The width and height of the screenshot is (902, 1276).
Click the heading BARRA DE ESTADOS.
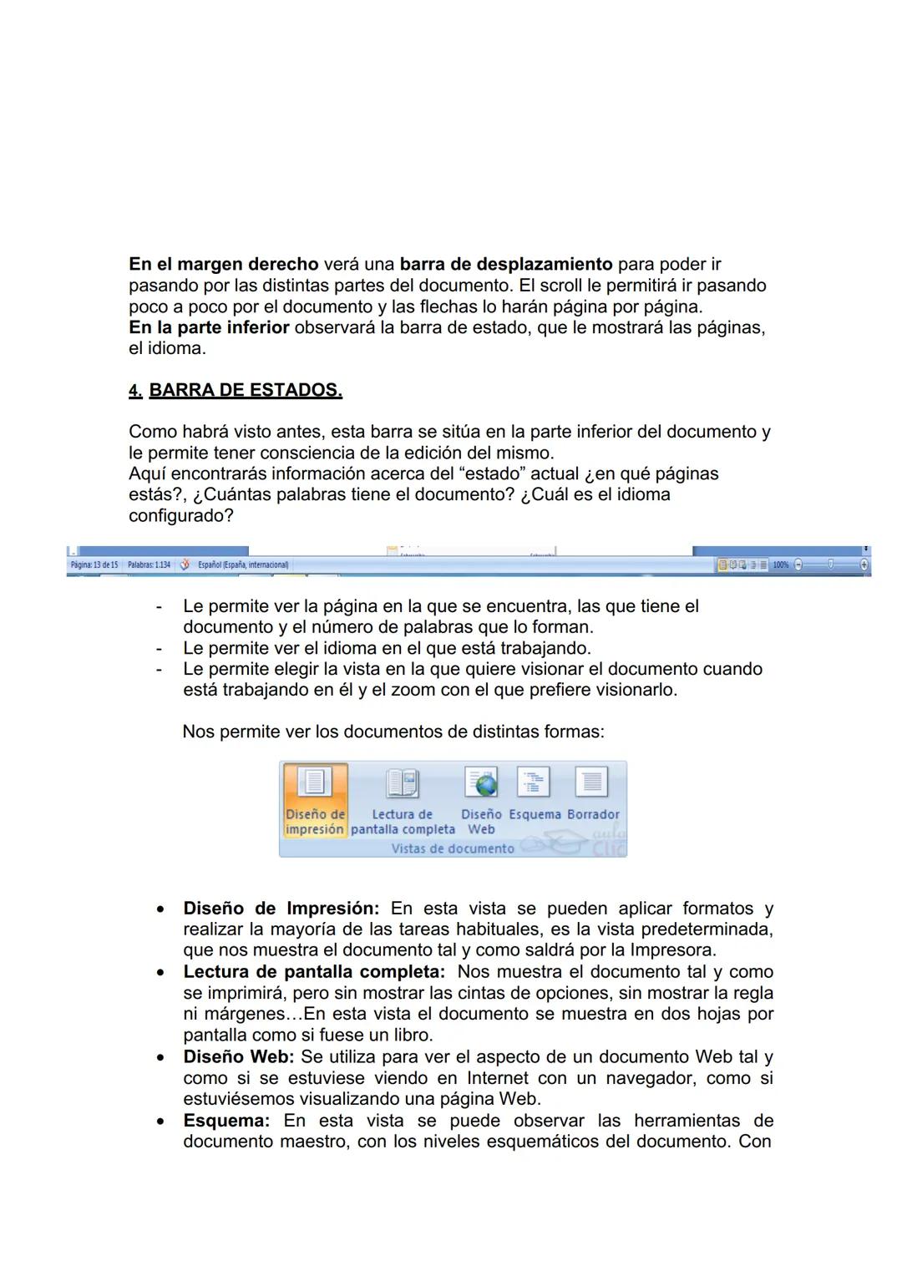coord(246,390)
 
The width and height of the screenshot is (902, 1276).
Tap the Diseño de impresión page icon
coord(315,782)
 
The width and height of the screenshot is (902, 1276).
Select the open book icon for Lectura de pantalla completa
coord(402,783)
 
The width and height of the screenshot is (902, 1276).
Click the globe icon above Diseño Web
coord(481,782)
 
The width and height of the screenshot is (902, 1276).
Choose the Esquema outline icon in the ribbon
coord(533,782)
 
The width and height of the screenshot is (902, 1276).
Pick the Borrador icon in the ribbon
coord(591,782)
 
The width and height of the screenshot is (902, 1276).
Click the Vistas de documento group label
coord(453,848)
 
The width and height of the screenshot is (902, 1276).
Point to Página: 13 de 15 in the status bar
coord(94,565)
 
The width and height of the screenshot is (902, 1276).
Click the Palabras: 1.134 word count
coord(149,565)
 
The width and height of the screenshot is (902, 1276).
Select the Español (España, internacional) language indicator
coord(242,565)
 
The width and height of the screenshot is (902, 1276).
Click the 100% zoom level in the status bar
coord(780,565)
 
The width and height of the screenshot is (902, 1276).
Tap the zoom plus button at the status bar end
coord(864,565)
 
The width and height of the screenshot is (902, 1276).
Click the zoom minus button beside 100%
coord(798,565)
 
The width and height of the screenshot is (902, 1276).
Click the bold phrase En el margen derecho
coord(223,265)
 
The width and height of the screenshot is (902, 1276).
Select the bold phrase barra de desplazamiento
coord(506,265)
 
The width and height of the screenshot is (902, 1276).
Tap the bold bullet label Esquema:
coord(226,1120)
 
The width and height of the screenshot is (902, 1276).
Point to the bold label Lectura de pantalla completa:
coord(315,971)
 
